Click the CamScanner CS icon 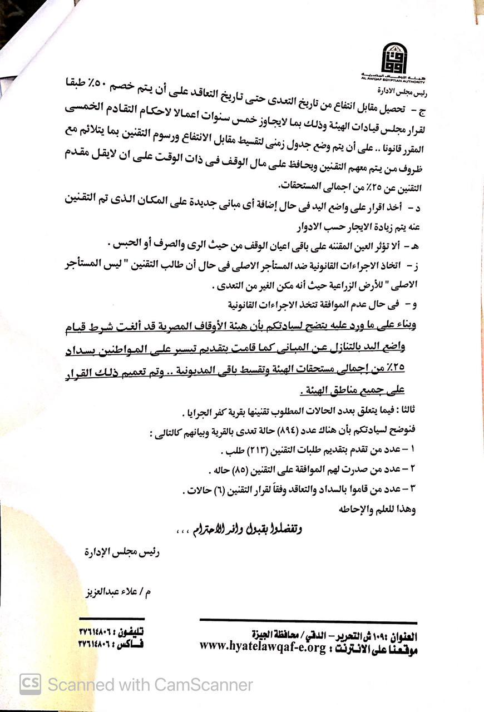30,684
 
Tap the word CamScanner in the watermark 204,684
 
